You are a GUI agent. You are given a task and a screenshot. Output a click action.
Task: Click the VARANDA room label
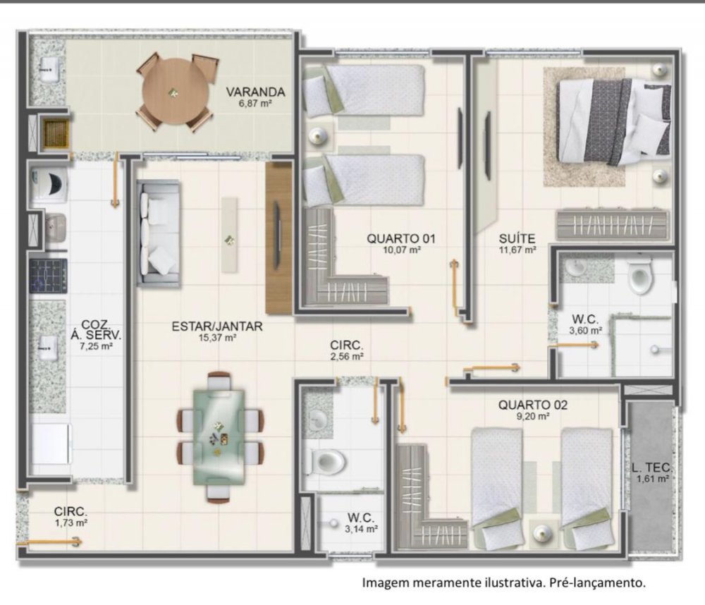tap(255, 92)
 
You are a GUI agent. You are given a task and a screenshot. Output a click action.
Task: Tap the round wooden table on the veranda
tap(176, 92)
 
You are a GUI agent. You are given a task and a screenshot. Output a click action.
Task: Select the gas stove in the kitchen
tap(49, 275)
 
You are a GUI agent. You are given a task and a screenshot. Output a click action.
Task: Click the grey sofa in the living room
tap(159, 233)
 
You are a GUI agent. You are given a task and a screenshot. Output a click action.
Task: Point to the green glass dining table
tap(219, 437)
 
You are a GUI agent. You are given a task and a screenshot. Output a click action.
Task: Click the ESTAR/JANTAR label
tap(217, 326)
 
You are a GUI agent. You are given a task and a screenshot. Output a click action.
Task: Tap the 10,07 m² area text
tap(402, 250)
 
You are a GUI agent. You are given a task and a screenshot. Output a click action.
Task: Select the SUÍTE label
tap(517, 238)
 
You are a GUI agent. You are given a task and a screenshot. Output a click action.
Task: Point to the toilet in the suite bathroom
tap(641, 276)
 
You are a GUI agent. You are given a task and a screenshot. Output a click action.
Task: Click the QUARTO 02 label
tap(533, 405)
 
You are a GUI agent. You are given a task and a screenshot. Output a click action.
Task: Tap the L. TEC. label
tap(651, 468)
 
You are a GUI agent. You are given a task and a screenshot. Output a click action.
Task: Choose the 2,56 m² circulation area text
tap(347, 356)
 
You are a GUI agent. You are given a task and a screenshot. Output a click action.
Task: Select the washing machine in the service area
tap(49, 183)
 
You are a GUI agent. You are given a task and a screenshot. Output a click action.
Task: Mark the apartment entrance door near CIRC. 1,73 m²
tap(49, 543)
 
